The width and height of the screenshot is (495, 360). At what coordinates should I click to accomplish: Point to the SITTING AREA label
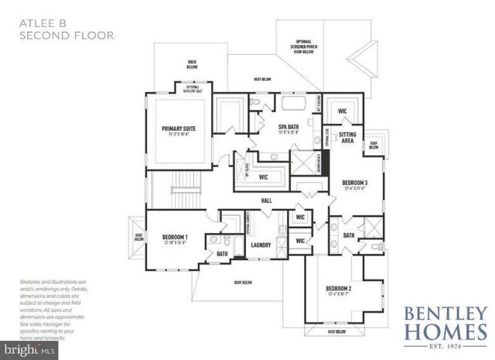point(348,138)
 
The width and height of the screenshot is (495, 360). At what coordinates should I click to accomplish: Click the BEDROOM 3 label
point(354,183)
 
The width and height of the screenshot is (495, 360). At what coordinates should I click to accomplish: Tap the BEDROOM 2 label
point(339,290)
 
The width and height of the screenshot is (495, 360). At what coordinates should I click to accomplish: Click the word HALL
point(265,200)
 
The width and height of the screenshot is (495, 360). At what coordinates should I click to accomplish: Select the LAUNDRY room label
point(260,245)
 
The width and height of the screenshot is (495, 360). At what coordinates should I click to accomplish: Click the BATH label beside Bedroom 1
point(222,253)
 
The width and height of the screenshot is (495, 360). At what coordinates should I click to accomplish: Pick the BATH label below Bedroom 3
point(348,235)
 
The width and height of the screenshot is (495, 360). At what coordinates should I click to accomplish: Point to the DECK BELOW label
point(192,65)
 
